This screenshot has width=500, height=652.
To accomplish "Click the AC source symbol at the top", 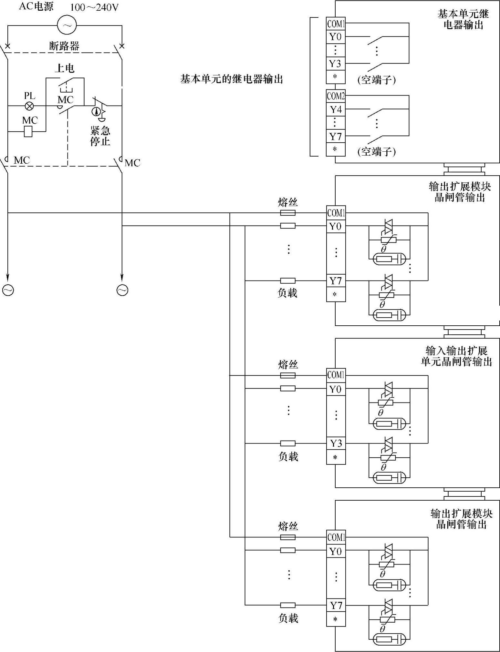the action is click(x=67, y=25).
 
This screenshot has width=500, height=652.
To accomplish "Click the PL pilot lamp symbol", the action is click(x=29, y=106).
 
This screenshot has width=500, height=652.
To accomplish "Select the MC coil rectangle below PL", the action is click(x=28, y=131).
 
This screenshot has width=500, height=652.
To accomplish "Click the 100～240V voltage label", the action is click(x=94, y=7).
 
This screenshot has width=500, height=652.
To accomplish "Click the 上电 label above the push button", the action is click(x=64, y=68).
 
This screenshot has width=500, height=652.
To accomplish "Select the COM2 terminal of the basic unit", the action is click(x=336, y=96).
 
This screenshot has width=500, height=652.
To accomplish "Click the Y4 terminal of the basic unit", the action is click(x=336, y=110).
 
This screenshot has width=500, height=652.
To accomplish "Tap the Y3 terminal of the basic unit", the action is click(x=336, y=64).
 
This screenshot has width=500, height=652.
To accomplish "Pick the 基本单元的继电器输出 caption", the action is click(x=232, y=79).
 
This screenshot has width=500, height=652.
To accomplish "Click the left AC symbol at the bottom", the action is click(x=8, y=290).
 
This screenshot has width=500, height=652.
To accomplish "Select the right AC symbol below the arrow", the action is click(x=122, y=290).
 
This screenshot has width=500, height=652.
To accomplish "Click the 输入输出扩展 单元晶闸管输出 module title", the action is click(x=456, y=356).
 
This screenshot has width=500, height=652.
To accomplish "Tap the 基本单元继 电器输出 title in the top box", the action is click(x=463, y=19).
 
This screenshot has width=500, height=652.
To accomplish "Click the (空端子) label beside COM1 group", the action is click(x=377, y=79).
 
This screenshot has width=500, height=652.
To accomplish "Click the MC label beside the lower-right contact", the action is click(x=132, y=163).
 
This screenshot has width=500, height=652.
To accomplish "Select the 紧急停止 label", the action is click(x=100, y=136).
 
